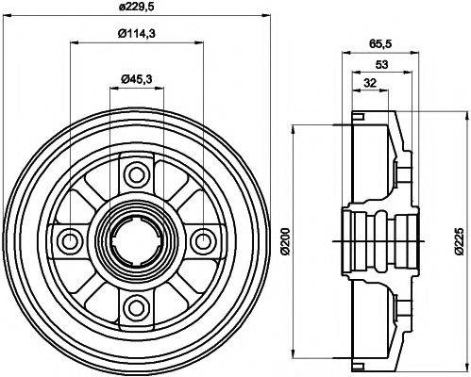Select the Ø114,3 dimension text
pyautogui.click(x=137, y=35)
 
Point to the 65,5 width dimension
pyautogui.click(x=379, y=44)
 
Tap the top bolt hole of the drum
pyautogui.click(x=137, y=174)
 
